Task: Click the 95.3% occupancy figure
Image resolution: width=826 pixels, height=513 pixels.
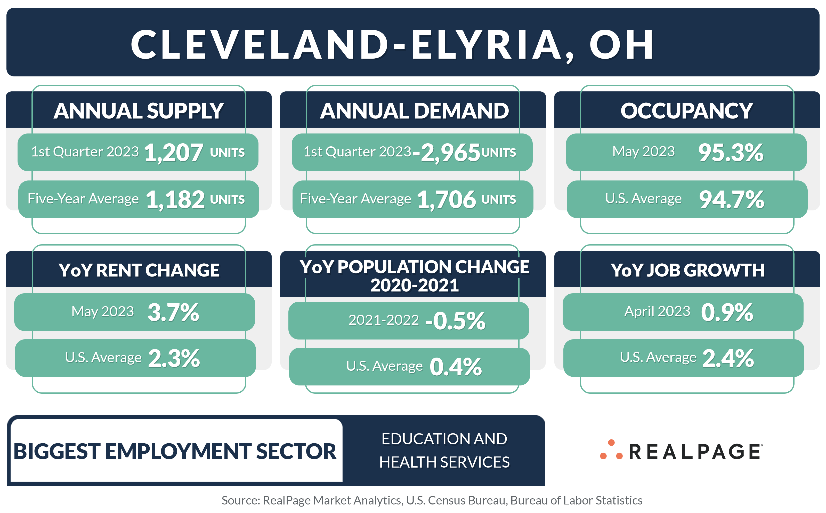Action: pyautogui.click(x=730, y=152)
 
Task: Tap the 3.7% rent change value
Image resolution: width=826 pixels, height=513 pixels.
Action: pyautogui.click(x=173, y=312)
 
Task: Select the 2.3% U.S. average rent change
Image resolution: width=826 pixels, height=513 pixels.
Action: pyautogui.click(x=174, y=358)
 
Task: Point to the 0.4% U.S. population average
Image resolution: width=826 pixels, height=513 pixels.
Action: pyautogui.click(x=455, y=367)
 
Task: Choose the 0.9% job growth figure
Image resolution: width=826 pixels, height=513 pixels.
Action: pyautogui.click(x=727, y=312)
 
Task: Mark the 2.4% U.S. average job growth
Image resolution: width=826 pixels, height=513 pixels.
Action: pyautogui.click(x=728, y=358)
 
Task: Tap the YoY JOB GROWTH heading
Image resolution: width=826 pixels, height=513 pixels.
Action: pyautogui.click(x=687, y=270)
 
